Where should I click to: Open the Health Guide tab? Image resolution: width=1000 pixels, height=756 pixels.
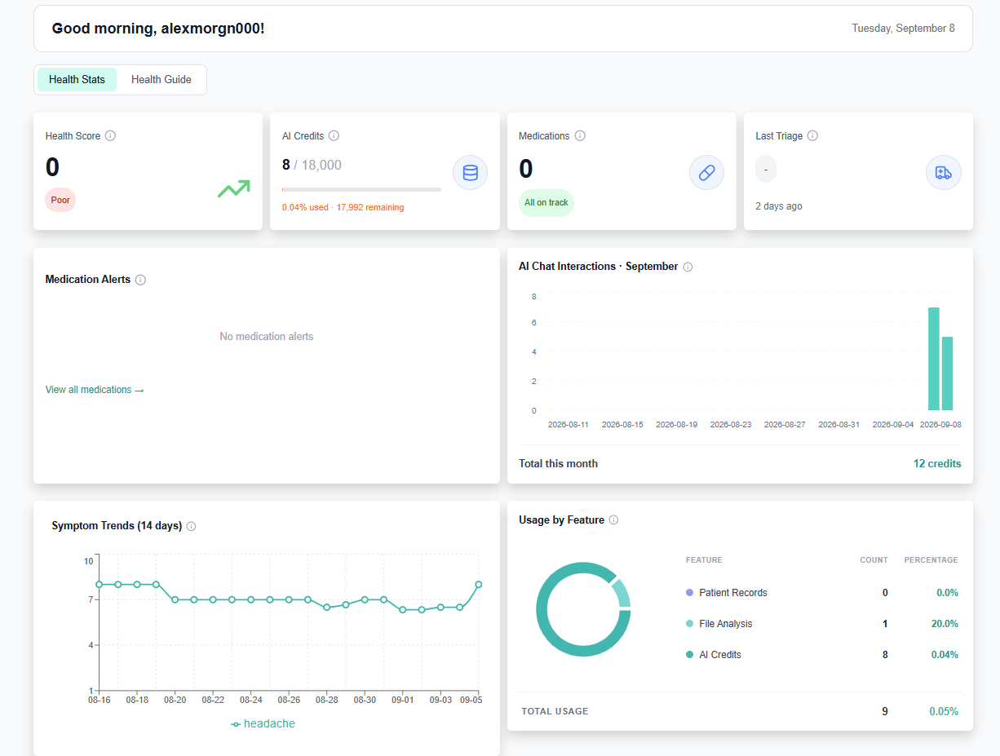(162, 80)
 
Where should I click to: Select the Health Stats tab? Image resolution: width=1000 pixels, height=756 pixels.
(77, 80)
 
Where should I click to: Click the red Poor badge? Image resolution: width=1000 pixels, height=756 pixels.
(60, 200)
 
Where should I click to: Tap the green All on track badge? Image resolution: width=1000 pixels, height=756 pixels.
(546, 203)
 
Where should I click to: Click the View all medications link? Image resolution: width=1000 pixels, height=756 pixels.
(95, 390)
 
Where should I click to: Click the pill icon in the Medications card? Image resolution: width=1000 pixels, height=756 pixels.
(706, 173)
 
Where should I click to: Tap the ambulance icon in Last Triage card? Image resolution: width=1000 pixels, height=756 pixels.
(943, 173)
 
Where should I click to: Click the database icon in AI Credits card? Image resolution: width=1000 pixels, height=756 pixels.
(470, 173)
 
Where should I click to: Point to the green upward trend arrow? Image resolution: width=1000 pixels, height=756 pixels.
(234, 188)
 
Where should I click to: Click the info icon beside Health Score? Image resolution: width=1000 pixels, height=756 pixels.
(110, 135)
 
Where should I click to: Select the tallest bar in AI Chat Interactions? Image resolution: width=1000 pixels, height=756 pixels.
(933, 359)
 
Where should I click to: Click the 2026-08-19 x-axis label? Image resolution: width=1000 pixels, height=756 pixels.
(676, 424)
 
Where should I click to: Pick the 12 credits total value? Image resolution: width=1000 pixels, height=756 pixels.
(936, 463)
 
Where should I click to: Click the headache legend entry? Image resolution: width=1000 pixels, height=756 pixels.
(263, 723)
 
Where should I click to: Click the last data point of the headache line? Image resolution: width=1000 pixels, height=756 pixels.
(478, 584)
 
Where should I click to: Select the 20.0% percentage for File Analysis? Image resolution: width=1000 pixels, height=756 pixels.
(945, 623)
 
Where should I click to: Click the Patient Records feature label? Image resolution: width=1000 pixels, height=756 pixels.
(733, 593)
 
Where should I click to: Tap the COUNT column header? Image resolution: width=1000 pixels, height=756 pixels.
(874, 559)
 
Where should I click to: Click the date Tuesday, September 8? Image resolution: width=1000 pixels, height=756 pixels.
(903, 29)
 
